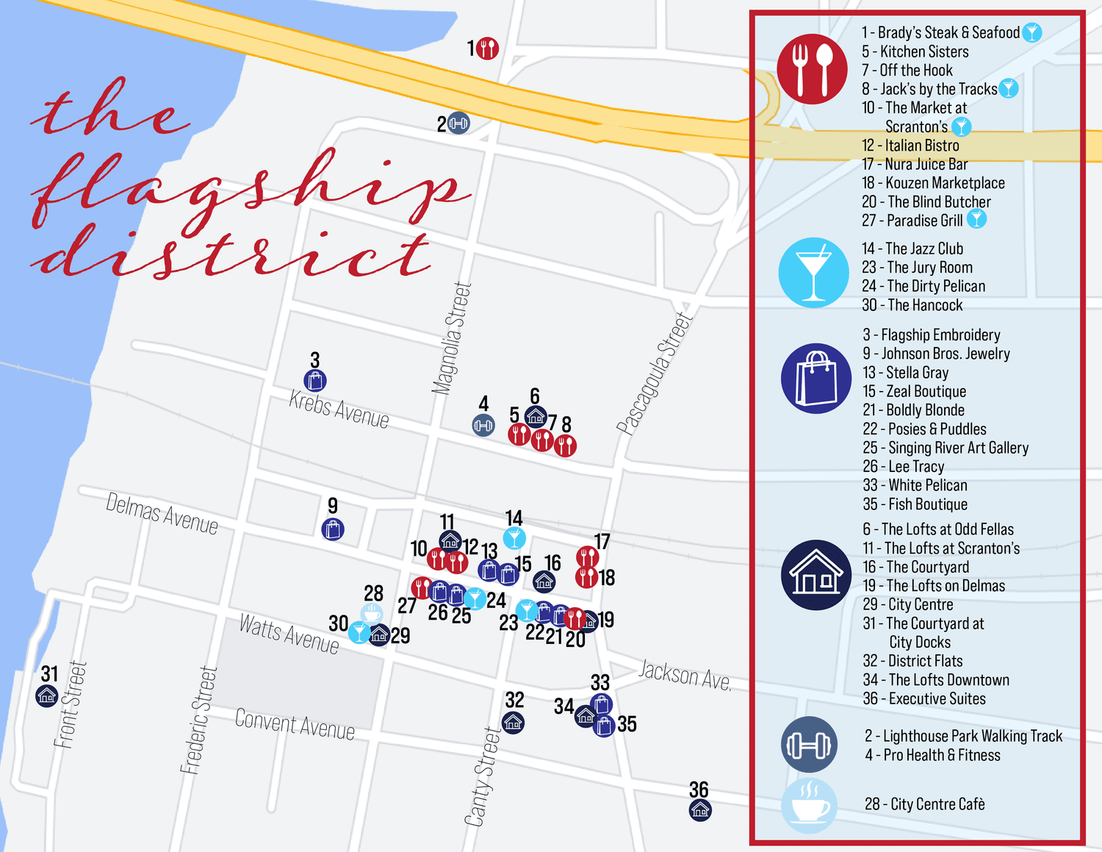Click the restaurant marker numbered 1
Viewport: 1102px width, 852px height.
tap(487, 49)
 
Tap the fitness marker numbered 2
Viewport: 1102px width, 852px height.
tap(458, 123)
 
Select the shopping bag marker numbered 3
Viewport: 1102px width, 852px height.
tap(315, 381)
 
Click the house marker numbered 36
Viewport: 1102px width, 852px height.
tap(700, 810)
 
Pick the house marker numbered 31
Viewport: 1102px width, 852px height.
tap(47, 695)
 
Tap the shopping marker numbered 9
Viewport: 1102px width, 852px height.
tap(333, 529)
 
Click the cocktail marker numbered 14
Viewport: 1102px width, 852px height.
tap(514, 538)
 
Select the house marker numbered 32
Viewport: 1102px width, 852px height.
tap(513, 723)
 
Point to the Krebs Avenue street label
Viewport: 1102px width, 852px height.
tap(339, 409)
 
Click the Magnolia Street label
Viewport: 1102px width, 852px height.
tap(452, 338)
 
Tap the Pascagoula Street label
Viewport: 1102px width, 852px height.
tap(655, 373)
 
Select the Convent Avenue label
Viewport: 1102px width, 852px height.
tap(295, 724)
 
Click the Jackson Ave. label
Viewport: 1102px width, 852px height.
tap(685, 674)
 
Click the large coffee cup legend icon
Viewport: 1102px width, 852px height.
tap(809, 806)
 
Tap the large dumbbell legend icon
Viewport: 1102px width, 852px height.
tap(809, 745)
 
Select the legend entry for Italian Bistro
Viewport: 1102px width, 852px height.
tap(910, 146)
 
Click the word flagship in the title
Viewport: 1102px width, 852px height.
tap(250, 187)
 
